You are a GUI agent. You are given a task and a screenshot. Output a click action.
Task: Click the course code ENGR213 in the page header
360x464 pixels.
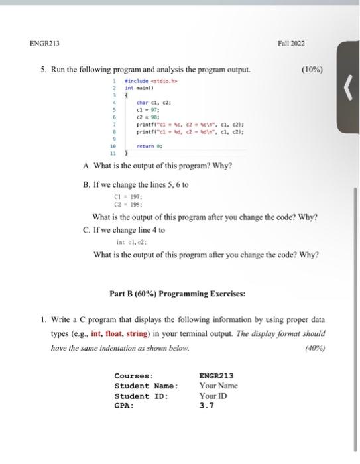[x=44, y=44]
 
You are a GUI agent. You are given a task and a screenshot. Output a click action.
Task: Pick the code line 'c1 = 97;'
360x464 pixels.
[x=145, y=109]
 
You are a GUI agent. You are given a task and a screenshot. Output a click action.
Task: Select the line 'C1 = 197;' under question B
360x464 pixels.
[x=125, y=196]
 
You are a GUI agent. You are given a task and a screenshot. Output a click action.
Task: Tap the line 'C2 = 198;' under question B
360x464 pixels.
[x=125, y=204]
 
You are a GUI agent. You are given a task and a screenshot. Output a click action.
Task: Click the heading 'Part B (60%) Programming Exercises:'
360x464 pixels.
[x=177, y=294]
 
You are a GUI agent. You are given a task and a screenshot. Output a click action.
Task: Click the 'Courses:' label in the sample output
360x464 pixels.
[x=134, y=376]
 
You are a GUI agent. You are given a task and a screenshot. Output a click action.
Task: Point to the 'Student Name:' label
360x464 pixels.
[x=146, y=386]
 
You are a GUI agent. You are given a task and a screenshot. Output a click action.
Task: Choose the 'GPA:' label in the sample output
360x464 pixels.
[x=124, y=406]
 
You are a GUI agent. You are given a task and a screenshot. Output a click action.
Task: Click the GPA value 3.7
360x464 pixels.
[x=206, y=406]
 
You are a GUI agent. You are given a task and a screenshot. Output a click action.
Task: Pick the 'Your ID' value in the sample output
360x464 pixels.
[x=213, y=396]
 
